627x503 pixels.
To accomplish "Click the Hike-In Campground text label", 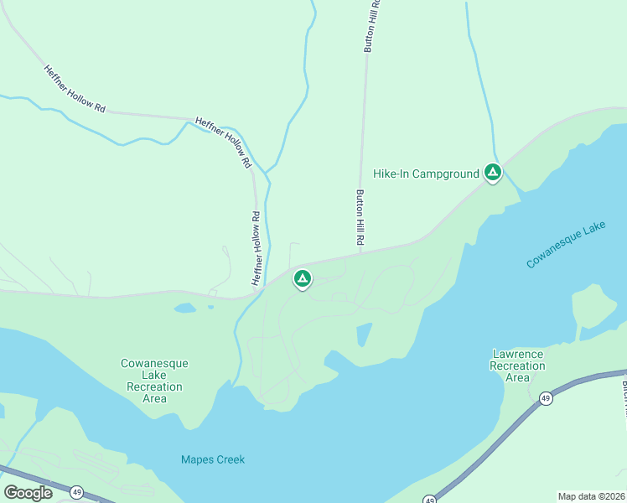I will [426, 174].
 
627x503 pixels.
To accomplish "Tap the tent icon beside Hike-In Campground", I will [493, 173].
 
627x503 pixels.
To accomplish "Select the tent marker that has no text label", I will [302, 278].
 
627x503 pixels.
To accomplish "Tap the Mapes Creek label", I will [213, 459].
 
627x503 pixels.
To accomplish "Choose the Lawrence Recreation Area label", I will [517, 366].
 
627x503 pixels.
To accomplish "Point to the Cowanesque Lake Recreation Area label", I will [154, 381].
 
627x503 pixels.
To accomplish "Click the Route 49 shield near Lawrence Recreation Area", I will [546, 397].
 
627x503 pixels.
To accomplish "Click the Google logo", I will [28, 493].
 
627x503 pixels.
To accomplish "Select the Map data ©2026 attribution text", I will [592, 495].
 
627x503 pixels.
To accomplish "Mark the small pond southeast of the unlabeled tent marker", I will [364, 334].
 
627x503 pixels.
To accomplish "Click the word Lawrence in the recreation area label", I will [517, 354].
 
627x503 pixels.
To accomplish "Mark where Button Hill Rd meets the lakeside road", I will [361, 250].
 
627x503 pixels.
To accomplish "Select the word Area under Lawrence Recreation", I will [517, 377].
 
